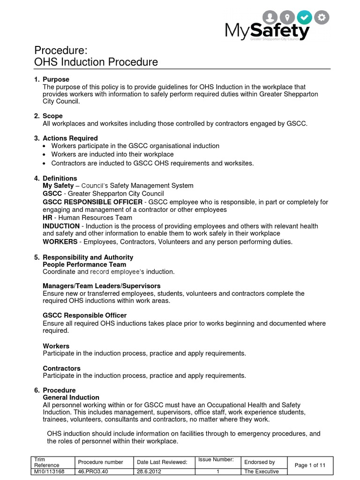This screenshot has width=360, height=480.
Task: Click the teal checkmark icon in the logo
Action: (306, 18)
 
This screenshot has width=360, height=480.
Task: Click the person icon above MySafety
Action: (270, 18)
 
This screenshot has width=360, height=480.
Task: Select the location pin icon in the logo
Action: (288, 18)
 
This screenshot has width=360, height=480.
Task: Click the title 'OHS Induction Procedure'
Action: (97, 62)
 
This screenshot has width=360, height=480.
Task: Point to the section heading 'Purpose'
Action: (56, 80)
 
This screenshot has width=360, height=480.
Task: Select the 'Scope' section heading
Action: (52, 116)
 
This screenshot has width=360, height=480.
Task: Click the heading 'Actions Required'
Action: (70, 138)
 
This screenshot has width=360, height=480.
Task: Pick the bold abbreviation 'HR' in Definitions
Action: (47, 217)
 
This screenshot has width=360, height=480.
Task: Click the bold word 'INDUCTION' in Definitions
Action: (61, 226)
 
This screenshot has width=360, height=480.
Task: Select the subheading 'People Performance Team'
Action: (84, 264)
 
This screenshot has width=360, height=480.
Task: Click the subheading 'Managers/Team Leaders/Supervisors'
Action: (102, 285)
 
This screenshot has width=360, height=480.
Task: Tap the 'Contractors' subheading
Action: (61, 368)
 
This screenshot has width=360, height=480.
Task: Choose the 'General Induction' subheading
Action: (71, 397)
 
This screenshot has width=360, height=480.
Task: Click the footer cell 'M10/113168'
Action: (50, 472)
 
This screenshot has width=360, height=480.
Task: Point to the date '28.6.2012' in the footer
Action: (150, 472)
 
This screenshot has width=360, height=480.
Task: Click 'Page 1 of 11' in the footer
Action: (310, 465)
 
